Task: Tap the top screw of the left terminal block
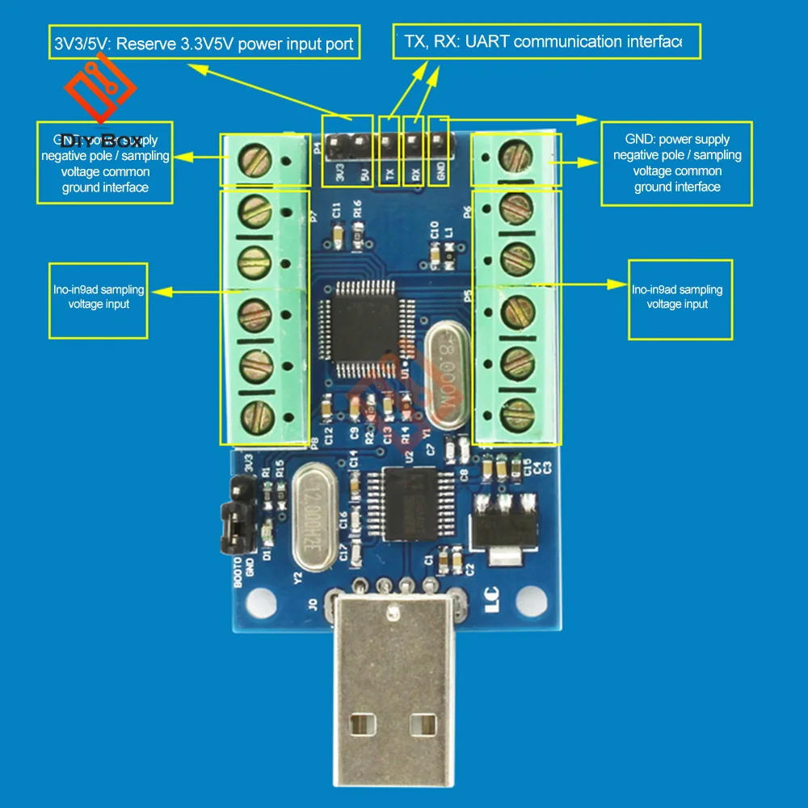tap(253, 158)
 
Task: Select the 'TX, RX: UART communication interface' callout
tap(547, 41)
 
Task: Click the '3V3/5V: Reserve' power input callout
tap(203, 44)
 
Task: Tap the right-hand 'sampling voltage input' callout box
tap(680, 297)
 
